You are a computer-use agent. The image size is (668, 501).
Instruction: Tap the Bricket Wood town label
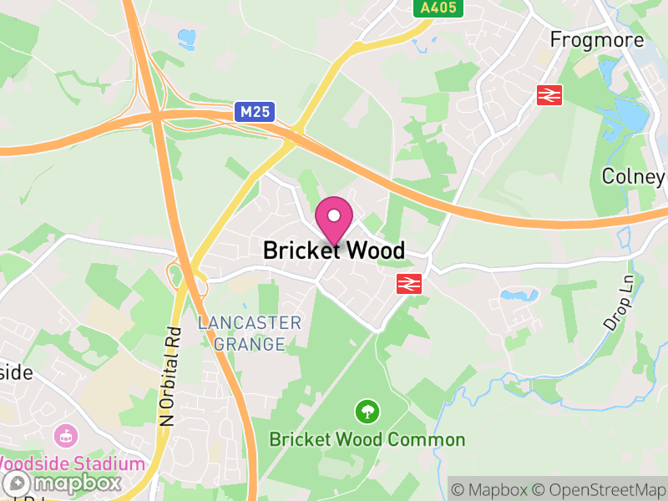click(x=334, y=250)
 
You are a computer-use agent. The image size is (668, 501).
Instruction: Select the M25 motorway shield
click(x=255, y=112)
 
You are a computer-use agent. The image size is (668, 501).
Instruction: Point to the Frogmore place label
click(x=597, y=40)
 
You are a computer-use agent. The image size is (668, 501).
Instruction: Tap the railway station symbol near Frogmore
click(x=549, y=95)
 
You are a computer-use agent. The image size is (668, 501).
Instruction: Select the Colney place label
click(x=634, y=176)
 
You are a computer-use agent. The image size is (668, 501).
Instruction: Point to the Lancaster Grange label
click(x=249, y=332)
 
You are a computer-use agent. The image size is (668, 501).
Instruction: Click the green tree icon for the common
click(x=367, y=411)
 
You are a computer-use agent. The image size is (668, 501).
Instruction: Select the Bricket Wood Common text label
click(x=367, y=439)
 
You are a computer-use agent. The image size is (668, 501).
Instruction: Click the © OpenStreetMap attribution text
click(x=600, y=488)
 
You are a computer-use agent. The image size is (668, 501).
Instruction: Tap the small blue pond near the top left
click(x=186, y=37)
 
